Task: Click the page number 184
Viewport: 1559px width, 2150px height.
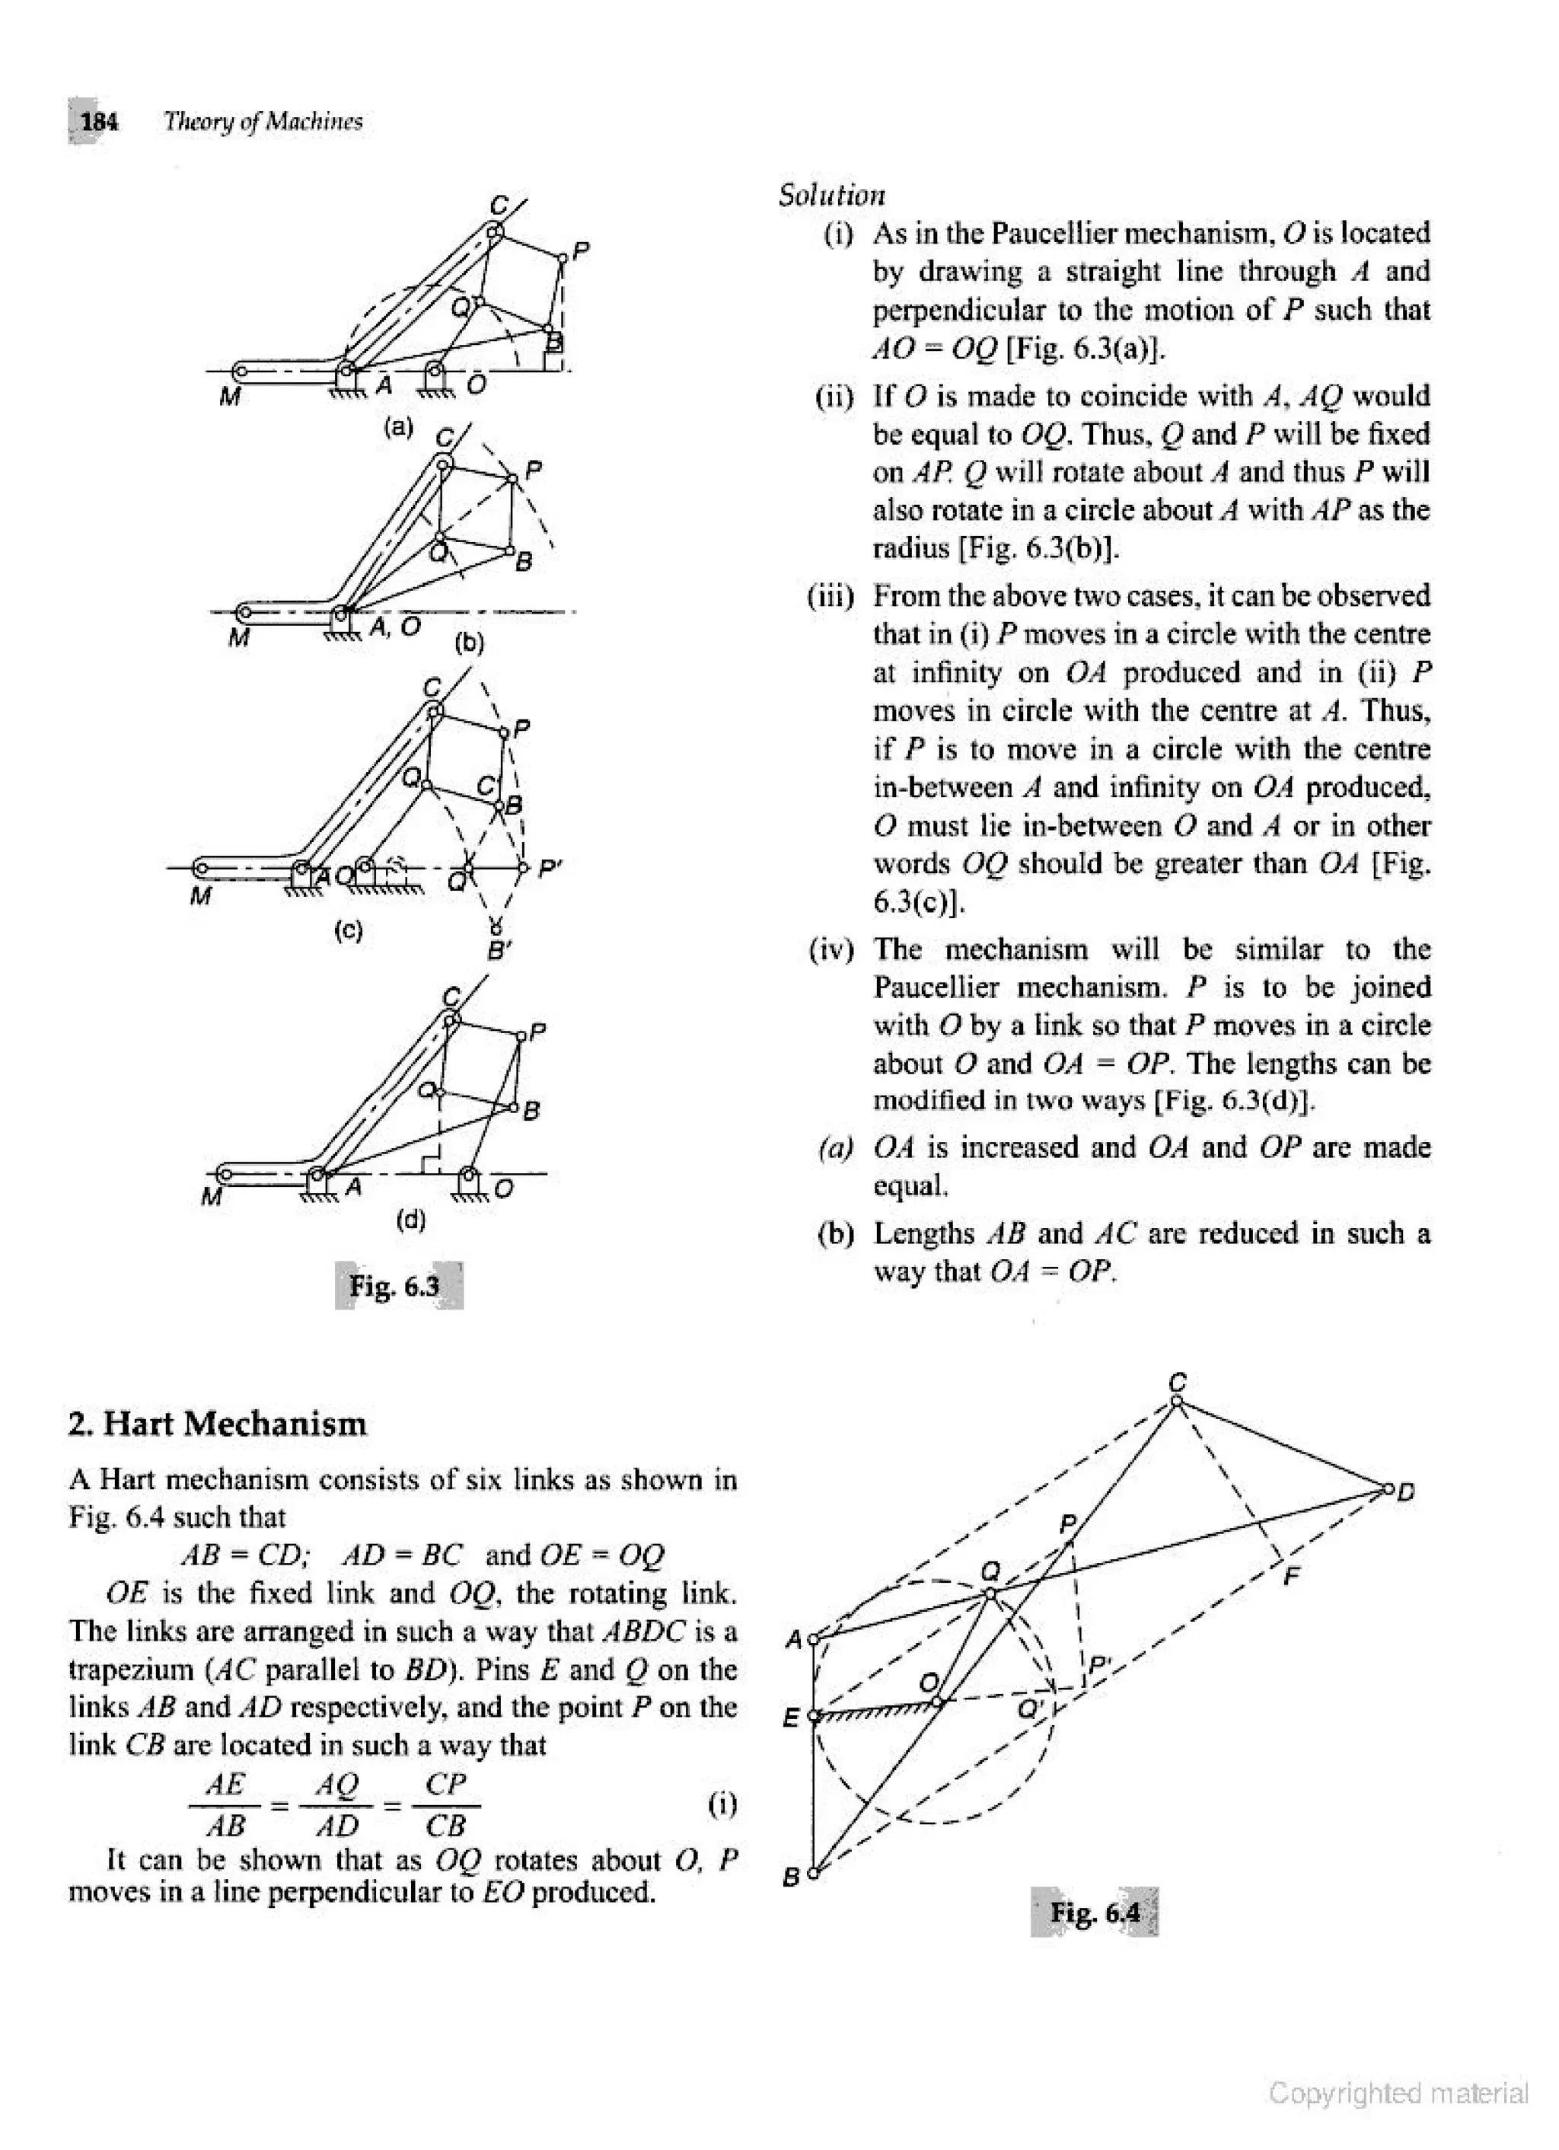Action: pos(98,121)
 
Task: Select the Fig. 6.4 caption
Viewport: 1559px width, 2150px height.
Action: pos(1095,1912)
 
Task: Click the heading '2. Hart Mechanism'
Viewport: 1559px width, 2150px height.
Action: pos(218,1424)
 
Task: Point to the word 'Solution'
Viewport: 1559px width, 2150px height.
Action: pos(831,196)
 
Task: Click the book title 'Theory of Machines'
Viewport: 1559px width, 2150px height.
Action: pos(263,121)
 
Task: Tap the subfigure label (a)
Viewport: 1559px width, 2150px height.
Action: pos(399,426)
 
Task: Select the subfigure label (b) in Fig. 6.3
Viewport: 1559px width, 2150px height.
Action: pos(468,643)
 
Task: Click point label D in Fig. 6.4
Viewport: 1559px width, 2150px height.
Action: pos(1407,1492)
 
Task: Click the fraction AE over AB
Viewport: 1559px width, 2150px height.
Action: pos(225,1804)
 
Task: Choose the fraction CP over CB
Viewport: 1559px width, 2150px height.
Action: pos(445,1804)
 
